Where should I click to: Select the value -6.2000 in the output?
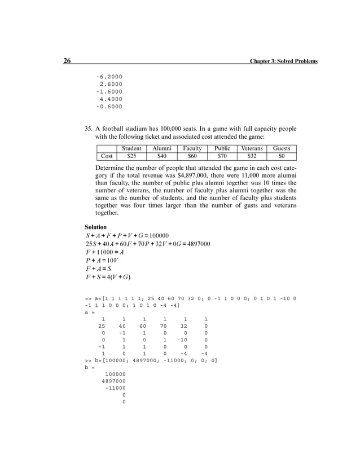(109, 76)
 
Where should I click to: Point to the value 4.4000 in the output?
(110, 98)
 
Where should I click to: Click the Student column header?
(131, 148)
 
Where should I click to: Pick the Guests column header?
(281, 148)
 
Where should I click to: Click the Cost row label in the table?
(106, 156)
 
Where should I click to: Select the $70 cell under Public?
(222, 156)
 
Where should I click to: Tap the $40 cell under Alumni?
(161, 156)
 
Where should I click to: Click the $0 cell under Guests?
(281, 156)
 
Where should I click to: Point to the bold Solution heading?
(95, 227)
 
